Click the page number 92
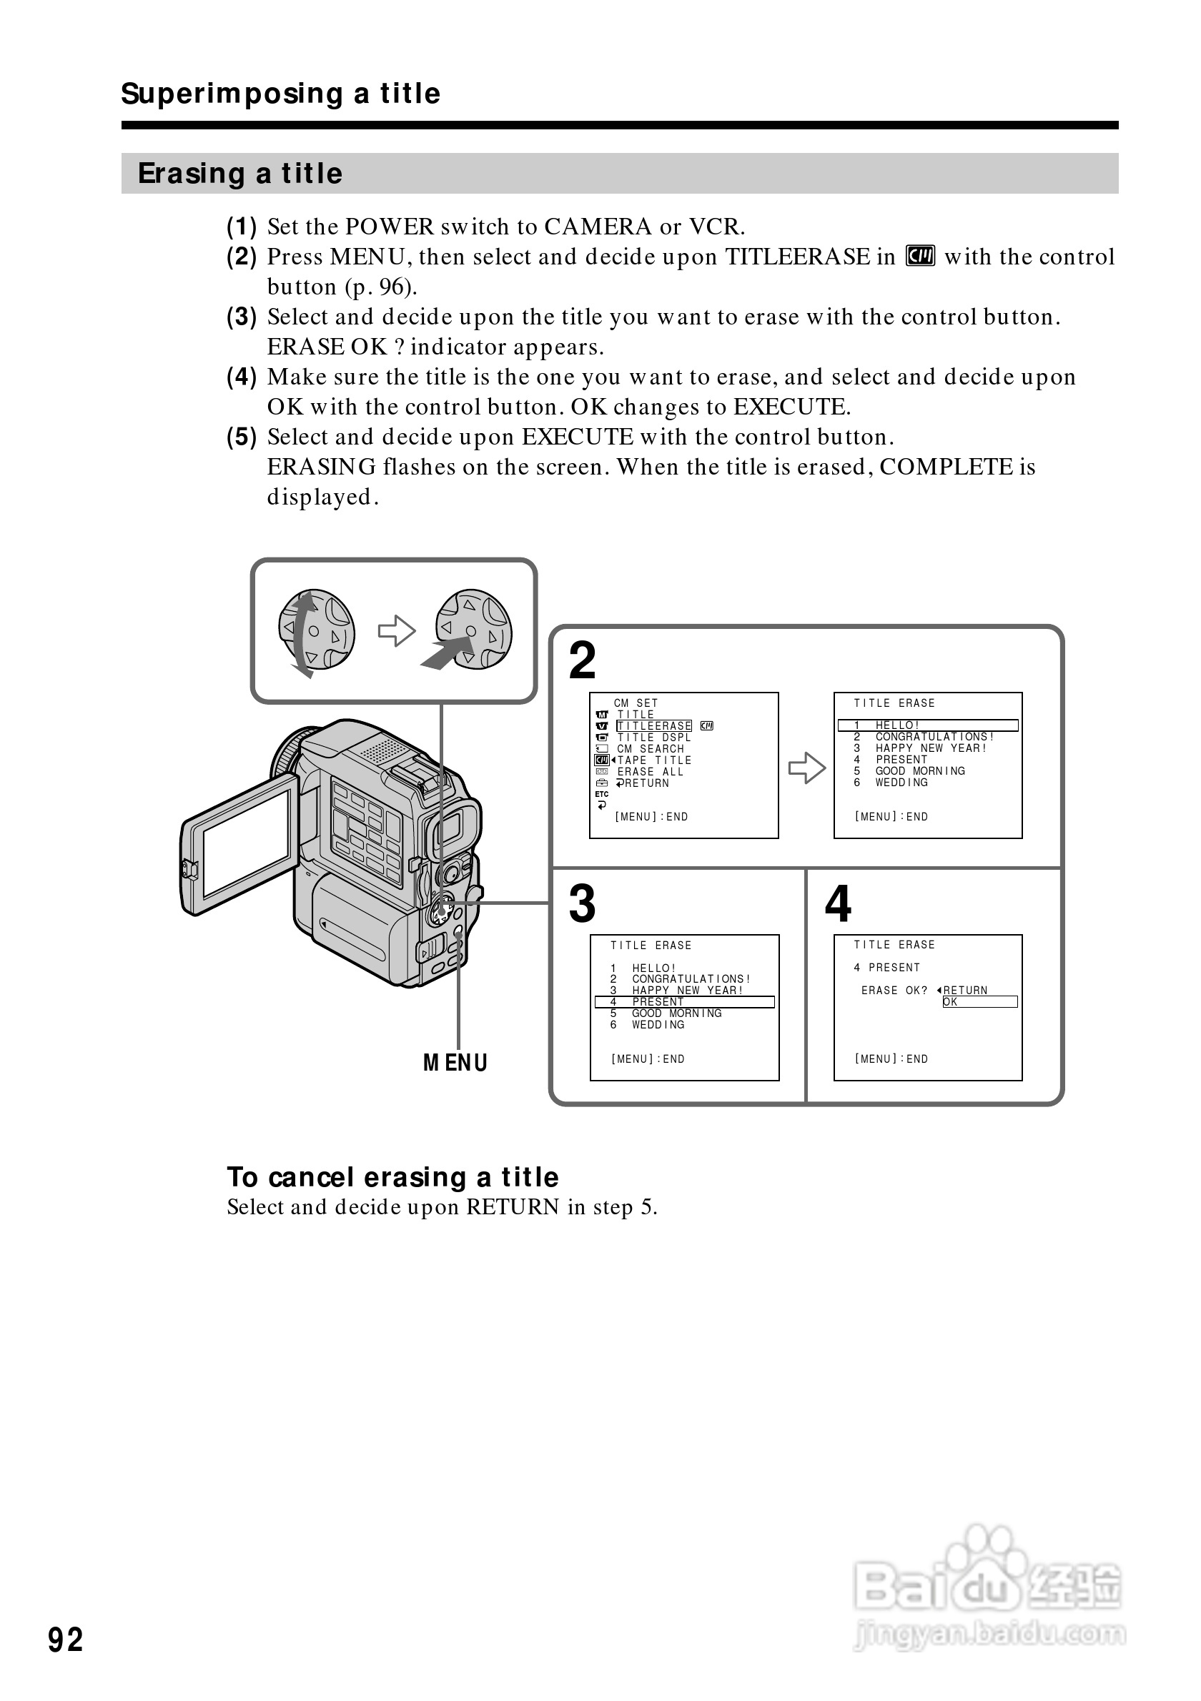tap(65, 1639)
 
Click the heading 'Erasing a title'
tap(240, 174)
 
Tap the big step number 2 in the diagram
tap(583, 660)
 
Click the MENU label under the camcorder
tap(455, 1063)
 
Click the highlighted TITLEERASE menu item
tap(654, 726)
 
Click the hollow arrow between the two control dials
tap(396, 631)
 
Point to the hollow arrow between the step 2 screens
tap(806, 768)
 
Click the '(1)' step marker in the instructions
tap(242, 226)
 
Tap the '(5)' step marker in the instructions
tap(242, 437)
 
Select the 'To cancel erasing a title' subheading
tap(392, 1176)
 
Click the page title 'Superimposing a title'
tap(281, 94)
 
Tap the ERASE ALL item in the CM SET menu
tap(650, 771)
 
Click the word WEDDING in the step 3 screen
tap(658, 1025)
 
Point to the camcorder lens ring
tap(285, 752)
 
